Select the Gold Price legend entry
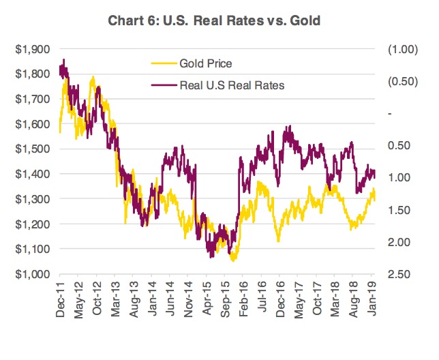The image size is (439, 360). (x=206, y=64)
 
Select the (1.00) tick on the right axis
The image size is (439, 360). (x=400, y=49)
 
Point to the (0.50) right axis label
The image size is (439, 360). (x=400, y=81)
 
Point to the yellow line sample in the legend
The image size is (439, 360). (x=162, y=64)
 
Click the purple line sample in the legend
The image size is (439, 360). (x=162, y=85)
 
